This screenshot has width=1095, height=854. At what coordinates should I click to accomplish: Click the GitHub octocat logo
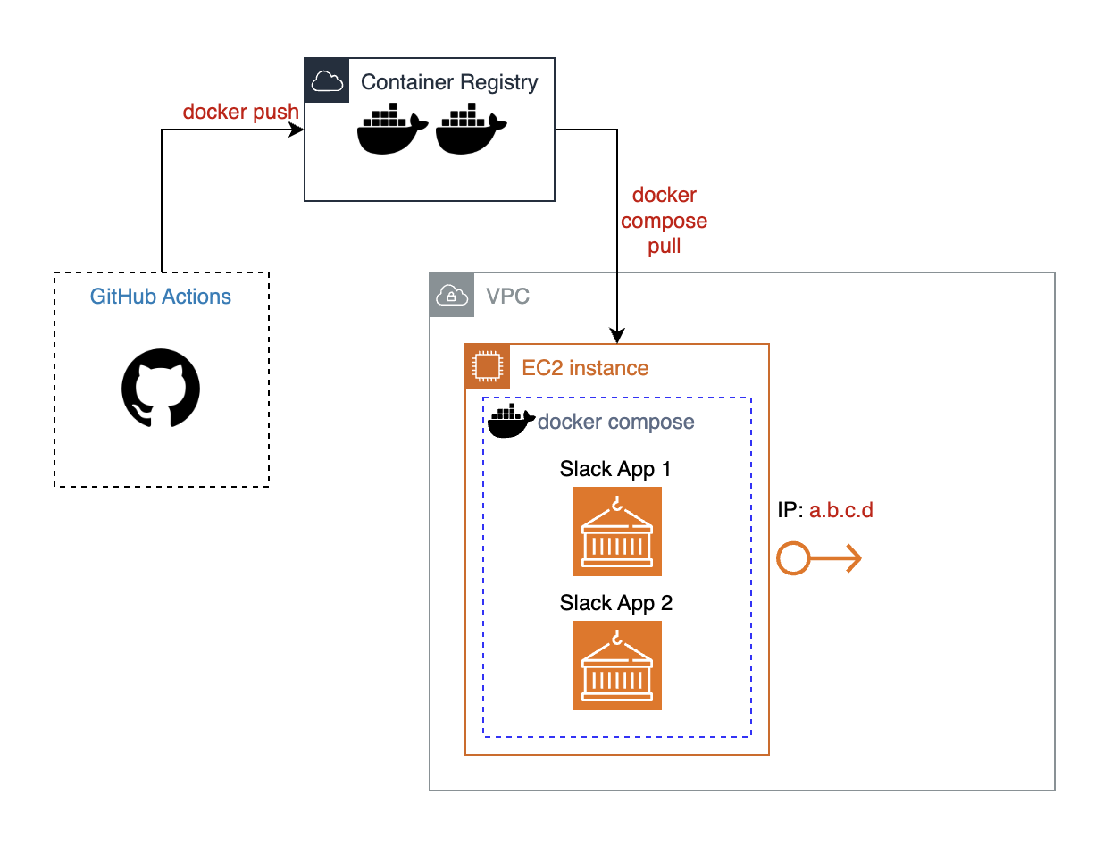pyautogui.click(x=161, y=389)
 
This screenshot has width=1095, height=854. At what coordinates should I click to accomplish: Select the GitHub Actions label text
pyautogui.click(x=161, y=297)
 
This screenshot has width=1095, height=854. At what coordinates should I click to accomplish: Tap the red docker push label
pyautogui.click(x=241, y=113)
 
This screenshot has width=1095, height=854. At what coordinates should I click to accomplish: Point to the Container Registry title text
pyautogui.click(x=449, y=83)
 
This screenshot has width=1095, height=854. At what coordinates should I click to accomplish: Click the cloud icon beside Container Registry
pyautogui.click(x=327, y=82)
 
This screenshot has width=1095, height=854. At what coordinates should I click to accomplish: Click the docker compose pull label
pyautogui.click(x=664, y=221)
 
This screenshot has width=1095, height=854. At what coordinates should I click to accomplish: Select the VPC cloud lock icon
pyautogui.click(x=452, y=295)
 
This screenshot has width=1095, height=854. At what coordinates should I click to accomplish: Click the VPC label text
pyautogui.click(x=508, y=297)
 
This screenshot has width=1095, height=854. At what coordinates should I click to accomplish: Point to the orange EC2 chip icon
pyautogui.click(x=488, y=366)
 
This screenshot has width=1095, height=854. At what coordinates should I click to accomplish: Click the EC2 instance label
pyautogui.click(x=585, y=368)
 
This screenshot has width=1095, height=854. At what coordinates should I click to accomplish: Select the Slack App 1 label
pyautogui.click(x=616, y=469)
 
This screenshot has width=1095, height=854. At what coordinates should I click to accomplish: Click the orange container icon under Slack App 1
pyautogui.click(x=617, y=532)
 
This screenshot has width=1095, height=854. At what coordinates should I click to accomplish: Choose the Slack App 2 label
pyautogui.click(x=616, y=603)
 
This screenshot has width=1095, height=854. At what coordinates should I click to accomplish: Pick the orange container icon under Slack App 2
pyautogui.click(x=617, y=666)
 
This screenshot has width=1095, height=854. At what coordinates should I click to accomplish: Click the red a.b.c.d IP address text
pyautogui.click(x=840, y=511)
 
